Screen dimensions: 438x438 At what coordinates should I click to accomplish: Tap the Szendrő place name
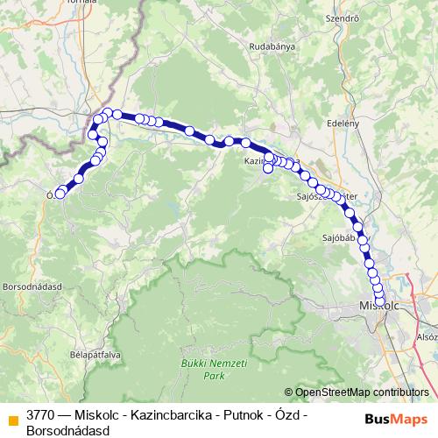pos(343,18)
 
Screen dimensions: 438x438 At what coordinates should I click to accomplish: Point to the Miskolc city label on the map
pos(378,305)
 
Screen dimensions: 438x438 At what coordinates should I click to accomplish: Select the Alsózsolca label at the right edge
pos(427,337)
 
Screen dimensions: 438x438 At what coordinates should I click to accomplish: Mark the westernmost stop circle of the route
pos(60,194)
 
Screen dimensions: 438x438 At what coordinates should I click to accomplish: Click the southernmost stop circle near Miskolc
pos(379,302)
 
